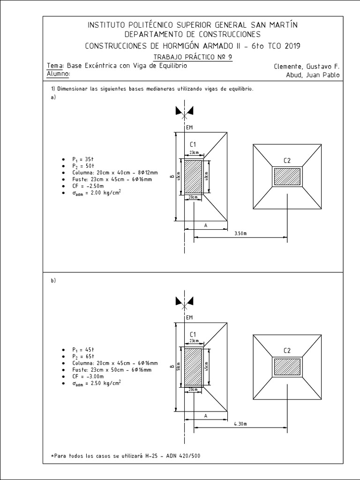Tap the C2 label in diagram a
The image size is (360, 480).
[x=287, y=161]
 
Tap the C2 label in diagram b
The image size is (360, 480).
[x=287, y=350]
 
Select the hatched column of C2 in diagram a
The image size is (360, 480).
[x=287, y=176]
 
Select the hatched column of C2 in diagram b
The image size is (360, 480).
[x=287, y=366]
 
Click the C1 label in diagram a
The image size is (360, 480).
[x=193, y=144]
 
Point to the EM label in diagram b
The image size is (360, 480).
[x=189, y=317]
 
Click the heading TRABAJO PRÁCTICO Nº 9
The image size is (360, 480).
[x=193, y=57]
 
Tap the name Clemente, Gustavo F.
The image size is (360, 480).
[x=307, y=67]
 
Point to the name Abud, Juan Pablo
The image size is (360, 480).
[x=313, y=75]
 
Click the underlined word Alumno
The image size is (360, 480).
[x=59, y=74]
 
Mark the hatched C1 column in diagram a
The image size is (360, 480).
[x=193, y=176]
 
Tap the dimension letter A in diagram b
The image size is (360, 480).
[x=206, y=415]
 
